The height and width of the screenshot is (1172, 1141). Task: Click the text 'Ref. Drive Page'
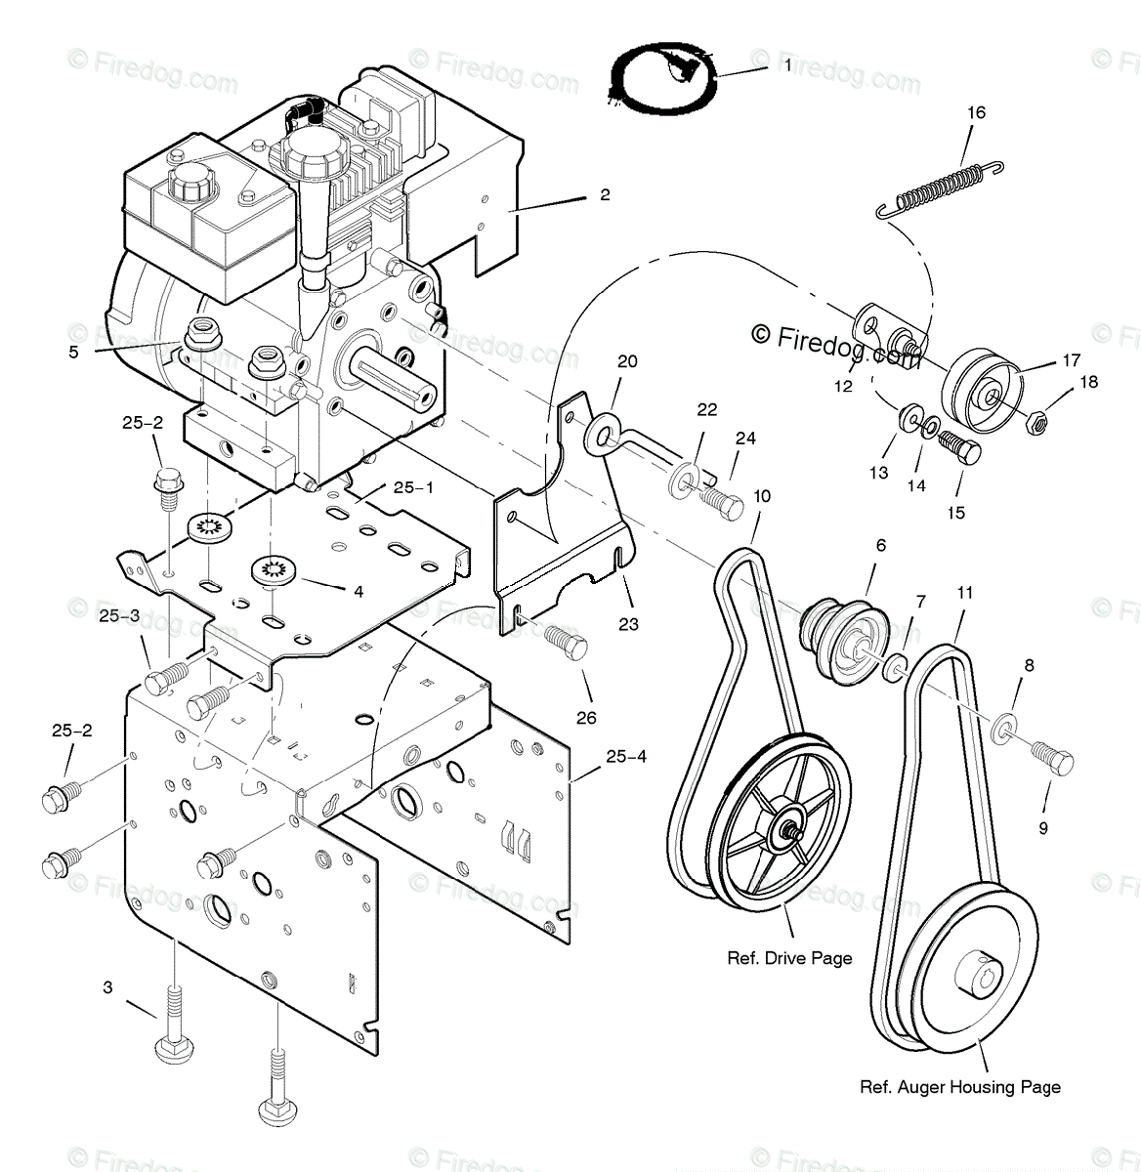click(x=789, y=958)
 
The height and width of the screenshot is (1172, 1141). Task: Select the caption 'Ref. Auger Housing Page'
click(x=959, y=1087)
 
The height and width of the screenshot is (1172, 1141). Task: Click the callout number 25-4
click(x=625, y=756)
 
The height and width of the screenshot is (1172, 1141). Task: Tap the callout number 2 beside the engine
click(x=605, y=194)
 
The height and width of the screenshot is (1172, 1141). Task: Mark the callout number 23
click(x=627, y=623)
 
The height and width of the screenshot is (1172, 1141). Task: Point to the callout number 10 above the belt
click(x=762, y=496)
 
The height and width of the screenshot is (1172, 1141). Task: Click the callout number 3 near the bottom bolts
click(x=108, y=988)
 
